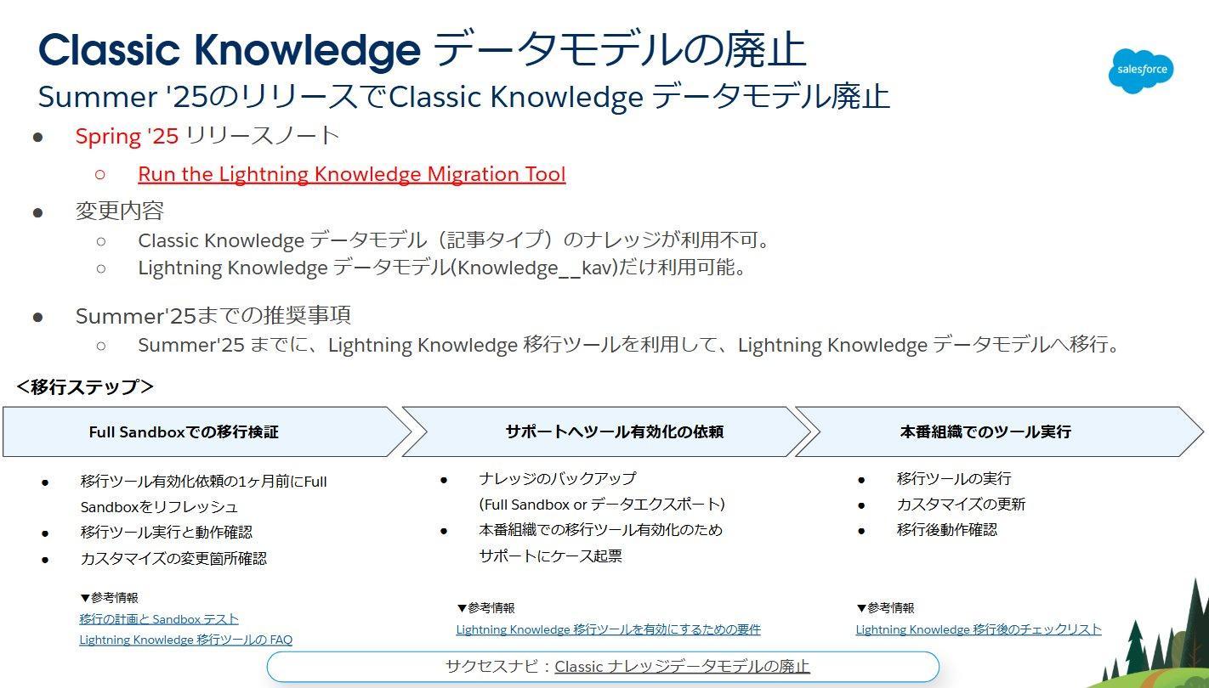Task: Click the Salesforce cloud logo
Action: point(1140,70)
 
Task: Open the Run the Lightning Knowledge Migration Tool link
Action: point(352,174)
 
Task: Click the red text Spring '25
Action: point(127,136)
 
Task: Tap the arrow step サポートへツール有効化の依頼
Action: point(606,431)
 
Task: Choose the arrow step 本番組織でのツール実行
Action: point(999,431)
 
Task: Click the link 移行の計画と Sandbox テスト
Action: point(159,619)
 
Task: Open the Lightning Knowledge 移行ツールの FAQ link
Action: point(185,640)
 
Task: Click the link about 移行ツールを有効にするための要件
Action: point(608,629)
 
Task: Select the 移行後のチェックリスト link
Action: point(979,629)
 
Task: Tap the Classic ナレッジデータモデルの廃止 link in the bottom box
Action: point(682,667)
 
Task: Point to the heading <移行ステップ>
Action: point(85,386)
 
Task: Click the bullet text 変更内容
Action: point(119,211)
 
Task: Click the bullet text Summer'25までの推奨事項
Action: point(213,315)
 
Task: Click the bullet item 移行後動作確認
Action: point(946,530)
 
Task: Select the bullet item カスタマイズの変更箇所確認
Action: point(173,559)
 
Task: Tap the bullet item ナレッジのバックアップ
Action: point(558,479)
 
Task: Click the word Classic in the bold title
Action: point(109,49)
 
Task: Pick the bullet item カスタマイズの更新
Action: point(961,505)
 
